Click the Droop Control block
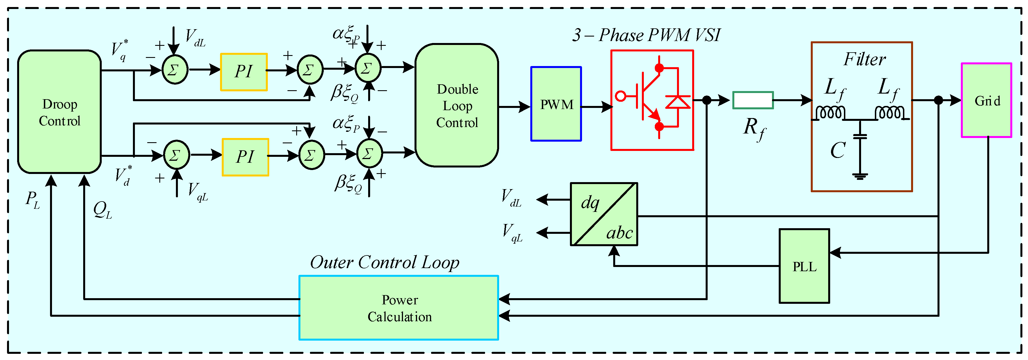coord(60,112)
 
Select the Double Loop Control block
coord(457,105)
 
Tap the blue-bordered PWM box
coord(556,104)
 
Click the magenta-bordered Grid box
coord(986,100)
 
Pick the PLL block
coord(804,266)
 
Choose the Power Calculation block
coord(399,308)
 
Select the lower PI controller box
coord(245,157)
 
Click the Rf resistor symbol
coord(753,100)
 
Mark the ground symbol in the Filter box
coord(860,176)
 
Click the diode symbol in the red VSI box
coord(678,102)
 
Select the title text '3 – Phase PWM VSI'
coord(646,35)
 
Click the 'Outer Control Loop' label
coord(385,262)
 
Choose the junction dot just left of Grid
coord(939,100)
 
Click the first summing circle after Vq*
coord(175,70)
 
